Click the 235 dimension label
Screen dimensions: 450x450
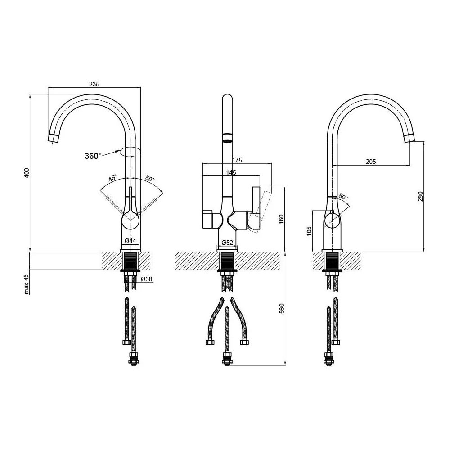pyautogui.click(x=94, y=84)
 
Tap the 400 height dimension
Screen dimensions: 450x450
pyautogui.click(x=27, y=173)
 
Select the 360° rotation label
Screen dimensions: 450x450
pyautogui.click(x=93, y=156)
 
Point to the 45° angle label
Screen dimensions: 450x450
pyautogui.click(x=112, y=178)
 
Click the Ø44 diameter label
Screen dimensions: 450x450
pyautogui.click(x=130, y=241)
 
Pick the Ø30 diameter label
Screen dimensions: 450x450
pyautogui.click(x=147, y=279)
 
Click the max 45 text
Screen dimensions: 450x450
pyautogui.click(x=27, y=284)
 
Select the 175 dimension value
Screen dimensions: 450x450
pyautogui.click(x=237, y=160)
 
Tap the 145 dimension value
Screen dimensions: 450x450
pyautogui.click(x=231, y=172)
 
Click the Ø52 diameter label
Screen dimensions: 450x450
pyautogui.click(x=227, y=243)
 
